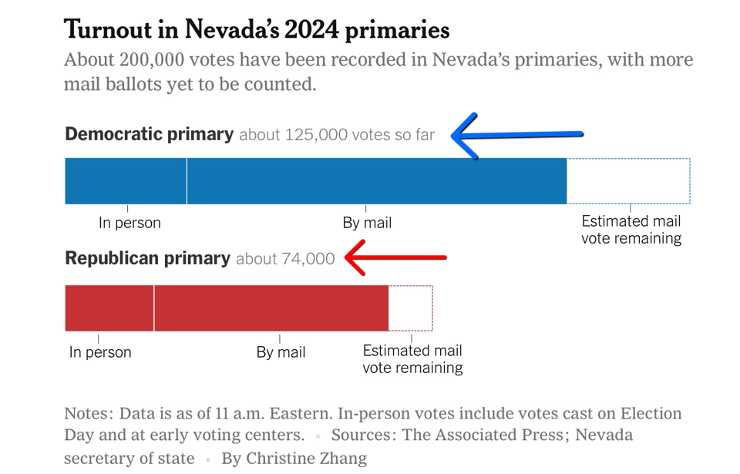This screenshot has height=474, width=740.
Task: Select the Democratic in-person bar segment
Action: click(126, 181)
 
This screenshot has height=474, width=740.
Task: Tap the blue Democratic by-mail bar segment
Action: click(376, 181)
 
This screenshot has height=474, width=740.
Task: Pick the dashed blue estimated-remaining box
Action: click(628, 181)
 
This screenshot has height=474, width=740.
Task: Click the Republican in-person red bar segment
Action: click(109, 308)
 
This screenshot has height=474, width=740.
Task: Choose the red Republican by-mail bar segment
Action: click(271, 308)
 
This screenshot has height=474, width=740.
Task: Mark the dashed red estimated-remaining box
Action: click(411, 308)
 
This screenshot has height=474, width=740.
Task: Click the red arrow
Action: click(395, 257)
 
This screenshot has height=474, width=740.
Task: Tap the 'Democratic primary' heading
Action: click(149, 134)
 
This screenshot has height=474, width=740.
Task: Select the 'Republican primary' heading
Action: click(147, 258)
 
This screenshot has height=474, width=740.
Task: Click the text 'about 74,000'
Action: click(285, 259)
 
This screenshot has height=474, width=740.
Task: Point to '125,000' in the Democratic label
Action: click(316, 135)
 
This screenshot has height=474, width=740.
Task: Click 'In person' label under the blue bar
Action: click(129, 223)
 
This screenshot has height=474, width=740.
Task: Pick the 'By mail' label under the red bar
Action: click(281, 352)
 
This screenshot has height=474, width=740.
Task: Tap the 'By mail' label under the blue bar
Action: click(367, 223)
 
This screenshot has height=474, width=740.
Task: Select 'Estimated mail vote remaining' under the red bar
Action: click(412, 359)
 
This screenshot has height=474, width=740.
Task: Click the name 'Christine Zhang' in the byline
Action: click(307, 459)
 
